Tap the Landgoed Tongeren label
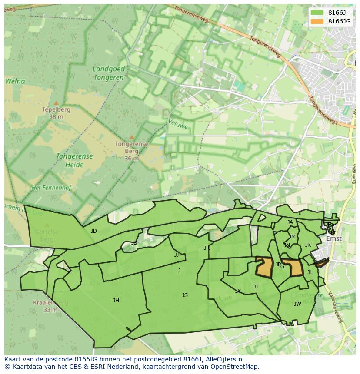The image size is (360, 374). click(x=109, y=73)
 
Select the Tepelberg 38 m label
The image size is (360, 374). click(x=56, y=113)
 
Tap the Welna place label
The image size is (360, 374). click(x=15, y=81)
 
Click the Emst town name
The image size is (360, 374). click(x=334, y=238)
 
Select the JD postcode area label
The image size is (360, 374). click(x=94, y=231)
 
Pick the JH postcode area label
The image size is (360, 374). click(x=116, y=300)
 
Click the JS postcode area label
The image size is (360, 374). click(x=185, y=295)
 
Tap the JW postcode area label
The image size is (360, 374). click(x=297, y=304)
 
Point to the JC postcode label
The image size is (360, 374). click(x=300, y=214)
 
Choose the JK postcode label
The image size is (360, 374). click(x=308, y=245)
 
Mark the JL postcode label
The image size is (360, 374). click(x=310, y=272)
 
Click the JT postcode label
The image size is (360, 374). click(x=256, y=287)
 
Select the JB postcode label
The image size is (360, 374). click(x=134, y=243)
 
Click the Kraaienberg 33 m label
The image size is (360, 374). click(x=50, y=306)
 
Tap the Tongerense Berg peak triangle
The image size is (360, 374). click(x=131, y=137)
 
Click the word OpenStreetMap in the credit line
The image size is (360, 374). click(x=235, y=366)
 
